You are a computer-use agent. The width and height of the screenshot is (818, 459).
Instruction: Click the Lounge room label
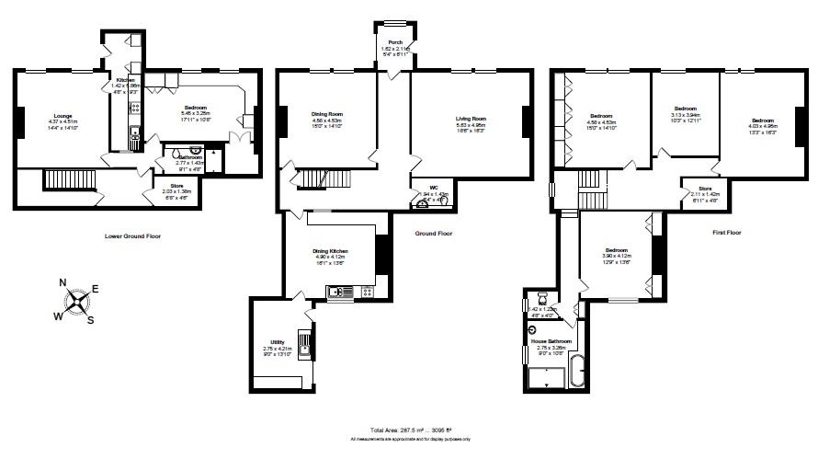pos(62,115)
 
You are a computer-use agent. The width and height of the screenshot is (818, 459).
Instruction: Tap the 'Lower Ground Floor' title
pos(133,235)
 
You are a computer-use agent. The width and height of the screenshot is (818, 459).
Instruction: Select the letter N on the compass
pos(62,283)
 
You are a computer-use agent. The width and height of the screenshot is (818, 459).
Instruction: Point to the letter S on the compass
pos(90,320)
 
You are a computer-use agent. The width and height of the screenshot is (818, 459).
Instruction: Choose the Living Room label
pos(470,119)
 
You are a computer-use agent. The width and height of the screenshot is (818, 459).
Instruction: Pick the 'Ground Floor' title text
pos(433,234)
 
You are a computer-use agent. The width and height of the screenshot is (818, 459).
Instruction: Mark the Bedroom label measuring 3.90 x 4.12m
pos(617,250)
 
